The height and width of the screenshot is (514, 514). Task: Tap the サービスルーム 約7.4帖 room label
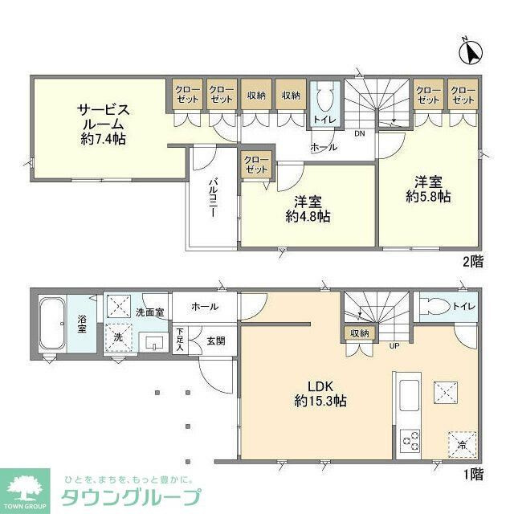[x=102, y=124]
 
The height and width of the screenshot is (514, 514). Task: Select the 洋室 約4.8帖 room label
[x=308, y=209]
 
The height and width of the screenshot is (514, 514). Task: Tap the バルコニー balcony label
[x=213, y=199]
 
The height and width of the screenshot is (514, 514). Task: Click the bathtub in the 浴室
[x=52, y=323]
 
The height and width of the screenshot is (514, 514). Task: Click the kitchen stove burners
[x=410, y=440]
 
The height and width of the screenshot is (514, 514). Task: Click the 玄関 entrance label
[x=215, y=340]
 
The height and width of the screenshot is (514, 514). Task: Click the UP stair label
[x=394, y=346]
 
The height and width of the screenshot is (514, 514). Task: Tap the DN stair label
[x=360, y=133]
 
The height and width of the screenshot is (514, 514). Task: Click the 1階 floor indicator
[x=473, y=474]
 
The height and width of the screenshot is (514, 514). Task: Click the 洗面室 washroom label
[x=149, y=312]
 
